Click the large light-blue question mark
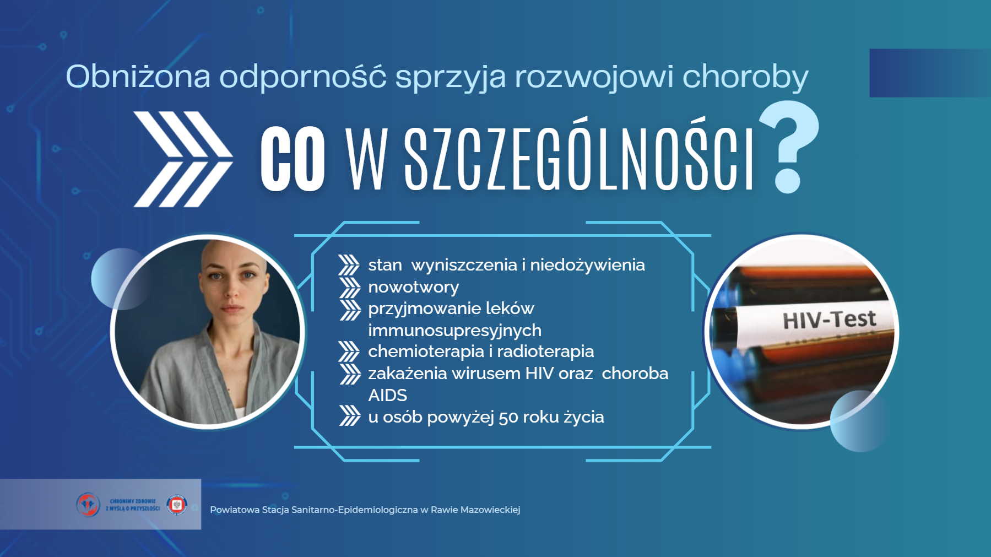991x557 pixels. pyautogui.click(x=789, y=147)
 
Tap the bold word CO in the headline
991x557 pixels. pyautogui.click(x=293, y=159)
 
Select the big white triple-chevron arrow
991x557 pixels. pyautogui.click(x=183, y=159)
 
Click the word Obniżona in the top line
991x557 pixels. pyautogui.click(x=138, y=76)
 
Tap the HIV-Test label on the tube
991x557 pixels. pyautogui.click(x=829, y=319)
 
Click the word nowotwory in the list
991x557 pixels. pyautogui.click(x=413, y=287)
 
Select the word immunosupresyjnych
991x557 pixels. pyautogui.click(x=454, y=331)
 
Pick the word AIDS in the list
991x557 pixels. pyautogui.click(x=387, y=395)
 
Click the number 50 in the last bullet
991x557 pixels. pyautogui.click(x=508, y=417)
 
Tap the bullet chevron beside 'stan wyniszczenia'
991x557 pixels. pyautogui.click(x=349, y=265)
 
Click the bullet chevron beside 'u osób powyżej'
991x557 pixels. pyautogui.click(x=349, y=416)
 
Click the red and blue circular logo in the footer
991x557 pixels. pyautogui.click(x=88, y=504)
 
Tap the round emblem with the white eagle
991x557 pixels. pyautogui.click(x=177, y=504)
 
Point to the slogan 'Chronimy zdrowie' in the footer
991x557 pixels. pyautogui.click(x=133, y=501)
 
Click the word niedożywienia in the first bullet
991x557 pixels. pyautogui.click(x=587, y=265)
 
